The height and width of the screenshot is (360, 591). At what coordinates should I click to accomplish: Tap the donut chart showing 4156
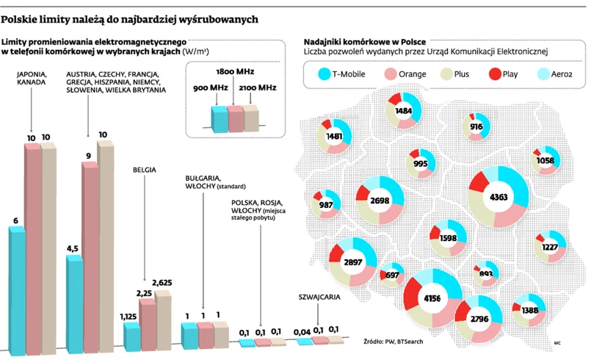[433, 298]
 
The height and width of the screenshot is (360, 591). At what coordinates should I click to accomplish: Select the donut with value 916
[476, 126]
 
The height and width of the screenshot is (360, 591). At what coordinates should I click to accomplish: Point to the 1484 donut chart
[403, 111]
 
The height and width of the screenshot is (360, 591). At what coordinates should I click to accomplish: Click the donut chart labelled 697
[392, 276]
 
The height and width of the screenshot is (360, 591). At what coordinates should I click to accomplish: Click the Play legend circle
[494, 74]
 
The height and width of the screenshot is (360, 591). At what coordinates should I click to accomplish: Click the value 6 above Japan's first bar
[15, 220]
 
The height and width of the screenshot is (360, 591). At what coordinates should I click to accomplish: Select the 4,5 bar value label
[72, 249]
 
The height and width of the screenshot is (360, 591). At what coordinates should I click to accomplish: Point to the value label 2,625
[162, 283]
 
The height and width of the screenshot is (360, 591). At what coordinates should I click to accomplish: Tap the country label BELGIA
[145, 168]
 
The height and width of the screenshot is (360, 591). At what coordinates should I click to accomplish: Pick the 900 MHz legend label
[210, 87]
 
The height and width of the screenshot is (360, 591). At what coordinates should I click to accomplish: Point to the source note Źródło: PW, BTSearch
[394, 342]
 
